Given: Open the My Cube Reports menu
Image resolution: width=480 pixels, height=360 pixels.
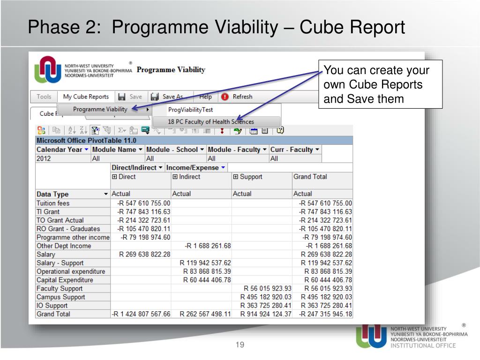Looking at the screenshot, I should coord(86,97).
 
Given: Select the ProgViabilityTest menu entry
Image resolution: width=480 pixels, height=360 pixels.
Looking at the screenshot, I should coord(190,110).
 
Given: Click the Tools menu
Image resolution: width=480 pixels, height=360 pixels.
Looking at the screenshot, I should coord(44,97).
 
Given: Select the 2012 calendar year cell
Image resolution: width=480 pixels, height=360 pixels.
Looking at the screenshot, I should coord(45,158).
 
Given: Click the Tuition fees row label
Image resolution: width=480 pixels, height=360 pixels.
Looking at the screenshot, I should coord(53,203).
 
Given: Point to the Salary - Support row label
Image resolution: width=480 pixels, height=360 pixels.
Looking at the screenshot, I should coord(60,263).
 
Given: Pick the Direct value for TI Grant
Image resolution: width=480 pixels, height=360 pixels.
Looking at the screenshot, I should coord(143,212).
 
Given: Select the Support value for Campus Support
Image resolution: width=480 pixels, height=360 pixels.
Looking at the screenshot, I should coord(266,297).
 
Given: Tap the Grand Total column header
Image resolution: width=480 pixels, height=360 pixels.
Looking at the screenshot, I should coord(310,177).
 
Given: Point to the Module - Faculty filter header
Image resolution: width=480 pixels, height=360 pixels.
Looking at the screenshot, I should coord(237,150).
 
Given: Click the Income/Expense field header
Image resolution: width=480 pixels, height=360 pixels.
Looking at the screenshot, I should coord(195,167).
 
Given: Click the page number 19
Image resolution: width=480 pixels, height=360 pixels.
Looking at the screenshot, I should coord(240,345).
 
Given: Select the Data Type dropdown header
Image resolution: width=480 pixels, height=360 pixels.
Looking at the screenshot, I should coord(72,194).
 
